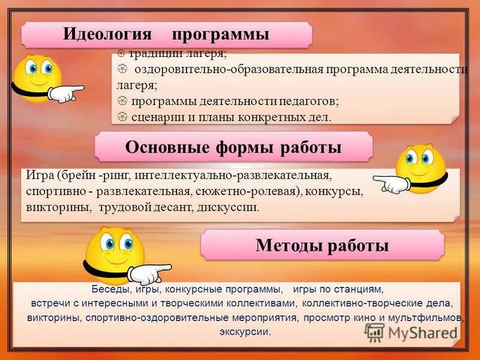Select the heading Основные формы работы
coord(233,147)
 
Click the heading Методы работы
coord(322,245)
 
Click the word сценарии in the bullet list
coord(158,116)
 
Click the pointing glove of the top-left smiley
coord(65,92)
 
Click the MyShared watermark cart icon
coord(374,332)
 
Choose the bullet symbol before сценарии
coord(121,116)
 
